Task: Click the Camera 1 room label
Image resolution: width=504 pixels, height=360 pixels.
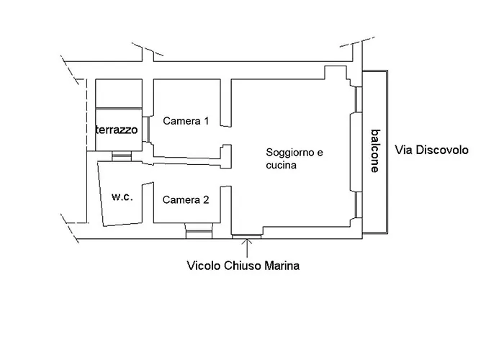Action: point(186,121)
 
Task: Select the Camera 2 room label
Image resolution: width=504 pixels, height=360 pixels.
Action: point(186,200)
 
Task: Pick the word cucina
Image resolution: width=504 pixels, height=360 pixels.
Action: point(281,165)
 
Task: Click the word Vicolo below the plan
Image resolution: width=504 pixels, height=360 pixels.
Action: point(202,266)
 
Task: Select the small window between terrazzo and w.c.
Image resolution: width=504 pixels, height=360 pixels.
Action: point(121,155)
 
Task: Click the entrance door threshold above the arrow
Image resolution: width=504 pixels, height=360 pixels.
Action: point(247,235)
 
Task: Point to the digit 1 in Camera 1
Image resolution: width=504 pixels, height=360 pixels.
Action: point(206,121)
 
